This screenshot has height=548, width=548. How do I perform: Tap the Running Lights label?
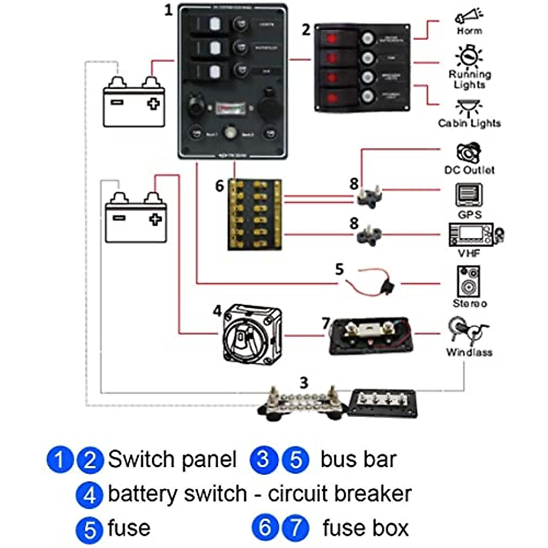(469, 79)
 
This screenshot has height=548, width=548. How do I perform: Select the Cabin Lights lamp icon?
(469, 108)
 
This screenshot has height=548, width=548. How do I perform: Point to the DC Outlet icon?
(469, 153)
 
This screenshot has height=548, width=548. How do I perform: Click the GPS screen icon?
(469, 195)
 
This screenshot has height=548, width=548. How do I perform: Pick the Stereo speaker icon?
(469, 281)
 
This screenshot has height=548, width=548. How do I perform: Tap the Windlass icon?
(468, 331)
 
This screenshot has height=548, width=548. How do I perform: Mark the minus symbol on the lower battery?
(119, 218)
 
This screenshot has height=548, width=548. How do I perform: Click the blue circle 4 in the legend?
(90, 495)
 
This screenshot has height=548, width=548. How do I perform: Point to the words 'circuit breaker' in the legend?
(339, 494)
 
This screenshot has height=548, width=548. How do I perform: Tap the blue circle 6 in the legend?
(265, 527)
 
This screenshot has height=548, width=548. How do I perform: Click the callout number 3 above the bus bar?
(304, 383)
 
